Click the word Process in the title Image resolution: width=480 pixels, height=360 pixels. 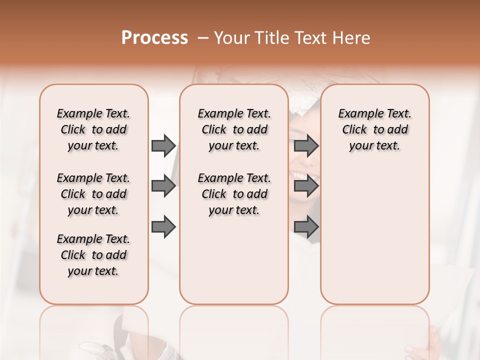[154, 38]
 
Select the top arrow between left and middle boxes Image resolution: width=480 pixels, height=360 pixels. [163, 146]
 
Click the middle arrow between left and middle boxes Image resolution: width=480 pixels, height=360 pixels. [163, 186]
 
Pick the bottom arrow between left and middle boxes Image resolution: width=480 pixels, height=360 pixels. [163, 227]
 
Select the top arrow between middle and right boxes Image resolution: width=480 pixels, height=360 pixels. [306, 146]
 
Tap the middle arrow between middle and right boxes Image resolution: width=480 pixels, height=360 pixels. [306, 186]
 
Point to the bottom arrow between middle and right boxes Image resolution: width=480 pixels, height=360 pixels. [306, 227]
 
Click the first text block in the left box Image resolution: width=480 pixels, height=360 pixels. [93, 129]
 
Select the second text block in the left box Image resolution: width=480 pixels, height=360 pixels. [93, 194]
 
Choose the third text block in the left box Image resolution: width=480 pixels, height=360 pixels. [93, 255]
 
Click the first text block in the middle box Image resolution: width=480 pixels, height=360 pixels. [234, 129]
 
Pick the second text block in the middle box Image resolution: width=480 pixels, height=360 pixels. [234, 194]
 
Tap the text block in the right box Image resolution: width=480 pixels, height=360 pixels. [374, 129]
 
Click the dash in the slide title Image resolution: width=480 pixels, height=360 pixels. [203, 38]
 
